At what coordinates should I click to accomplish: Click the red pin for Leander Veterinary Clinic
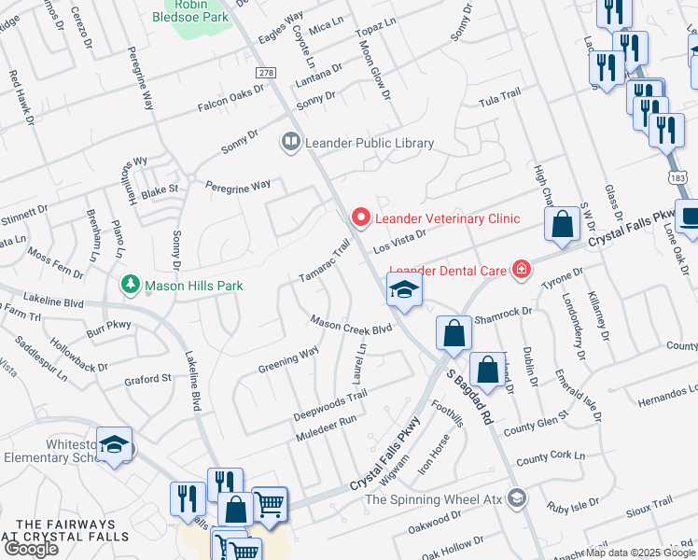coord(360,217)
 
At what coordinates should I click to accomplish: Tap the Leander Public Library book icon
coord(289,143)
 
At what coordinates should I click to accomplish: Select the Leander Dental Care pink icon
coord(522,271)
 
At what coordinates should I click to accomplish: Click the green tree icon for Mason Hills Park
coord(132,283)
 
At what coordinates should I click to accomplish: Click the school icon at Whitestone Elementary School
coord(115,445)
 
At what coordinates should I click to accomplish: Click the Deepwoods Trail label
coord(330,403)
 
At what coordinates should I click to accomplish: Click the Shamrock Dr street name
coord(502,315)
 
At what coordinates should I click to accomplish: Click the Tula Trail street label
coord(497,99)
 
